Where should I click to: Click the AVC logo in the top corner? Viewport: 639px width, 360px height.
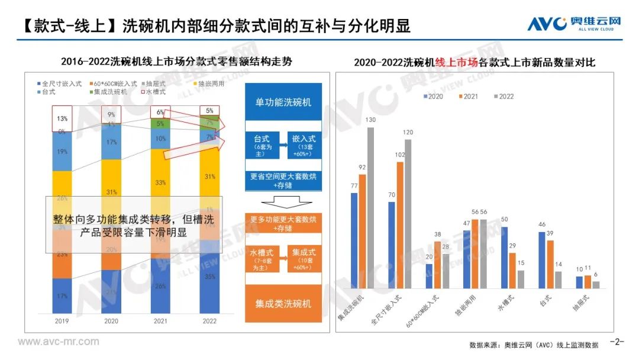tap(574, 24)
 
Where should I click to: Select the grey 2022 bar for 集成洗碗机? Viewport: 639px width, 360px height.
tap(370, 208)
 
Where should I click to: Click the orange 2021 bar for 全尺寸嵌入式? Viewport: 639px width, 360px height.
tap(399, 225)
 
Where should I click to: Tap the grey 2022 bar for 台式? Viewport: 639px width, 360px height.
tap(558, 279)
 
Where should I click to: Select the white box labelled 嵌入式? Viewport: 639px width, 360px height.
tap(304, 145)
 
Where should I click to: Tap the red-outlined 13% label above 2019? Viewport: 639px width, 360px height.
tap(62, 118)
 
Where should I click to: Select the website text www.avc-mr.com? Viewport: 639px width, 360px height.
tap(59, 342)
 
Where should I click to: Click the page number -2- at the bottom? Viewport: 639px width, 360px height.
tap(617, 342)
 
